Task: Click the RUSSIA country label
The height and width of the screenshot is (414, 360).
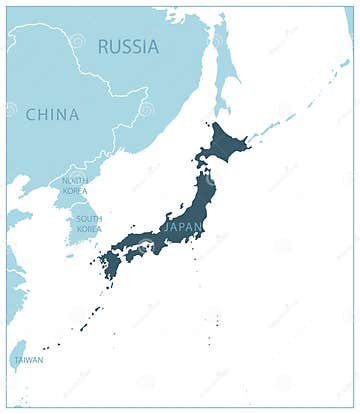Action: [128, 46]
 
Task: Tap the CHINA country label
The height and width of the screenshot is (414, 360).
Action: [52, 114]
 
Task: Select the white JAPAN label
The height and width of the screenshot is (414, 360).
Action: [180, 227]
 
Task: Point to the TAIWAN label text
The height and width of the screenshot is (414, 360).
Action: [28, 360]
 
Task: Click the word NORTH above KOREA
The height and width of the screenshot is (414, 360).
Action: [74, 180]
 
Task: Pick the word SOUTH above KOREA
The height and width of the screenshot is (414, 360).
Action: [88, 219]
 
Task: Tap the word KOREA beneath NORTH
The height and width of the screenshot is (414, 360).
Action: [74, 190]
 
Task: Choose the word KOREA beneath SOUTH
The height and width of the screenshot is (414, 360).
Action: [88, 229]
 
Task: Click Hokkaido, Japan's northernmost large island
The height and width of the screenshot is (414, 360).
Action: [226, 146]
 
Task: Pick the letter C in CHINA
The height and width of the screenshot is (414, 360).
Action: [31, 114]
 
